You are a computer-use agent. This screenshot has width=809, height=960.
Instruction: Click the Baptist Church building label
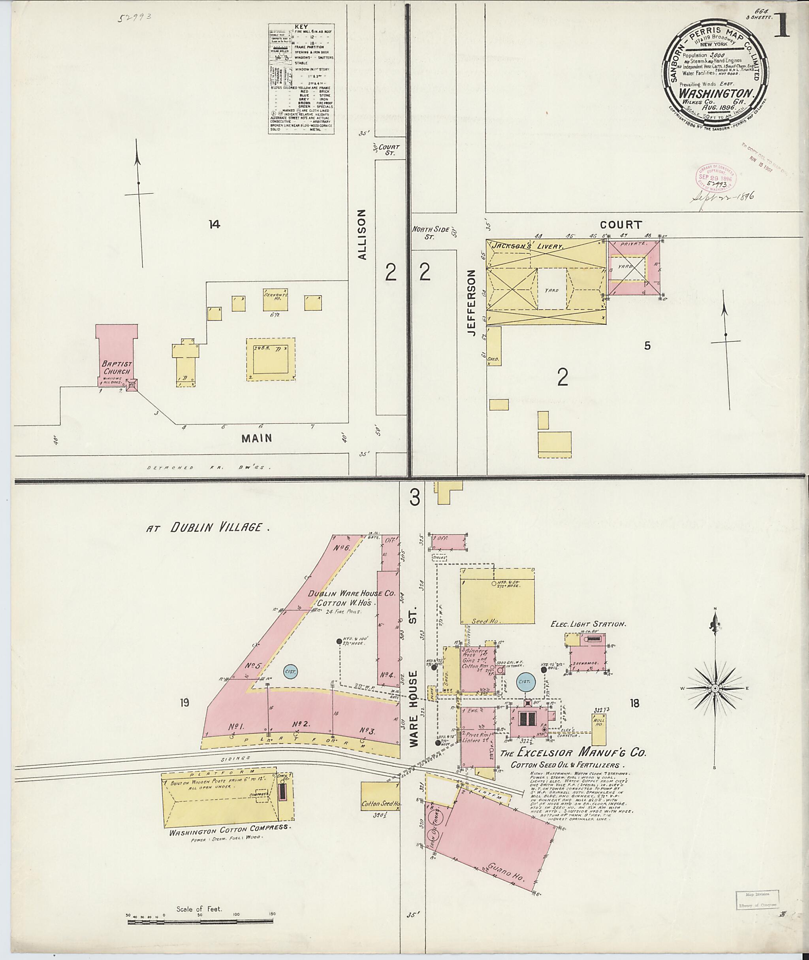click(117, 368)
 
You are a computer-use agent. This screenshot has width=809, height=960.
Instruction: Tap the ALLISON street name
click(362, 235)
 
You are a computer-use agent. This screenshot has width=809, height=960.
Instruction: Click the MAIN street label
click(257, 438)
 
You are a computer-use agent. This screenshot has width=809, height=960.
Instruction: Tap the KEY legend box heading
click(301, 27)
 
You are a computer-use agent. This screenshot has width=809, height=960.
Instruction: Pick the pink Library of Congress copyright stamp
click(716, 179)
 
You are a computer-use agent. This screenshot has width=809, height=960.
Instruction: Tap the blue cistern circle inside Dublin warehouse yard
click(290, 671)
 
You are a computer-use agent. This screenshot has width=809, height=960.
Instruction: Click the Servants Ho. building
click(275, 299)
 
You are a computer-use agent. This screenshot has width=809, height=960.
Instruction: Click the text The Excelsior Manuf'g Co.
click(573, 753)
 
